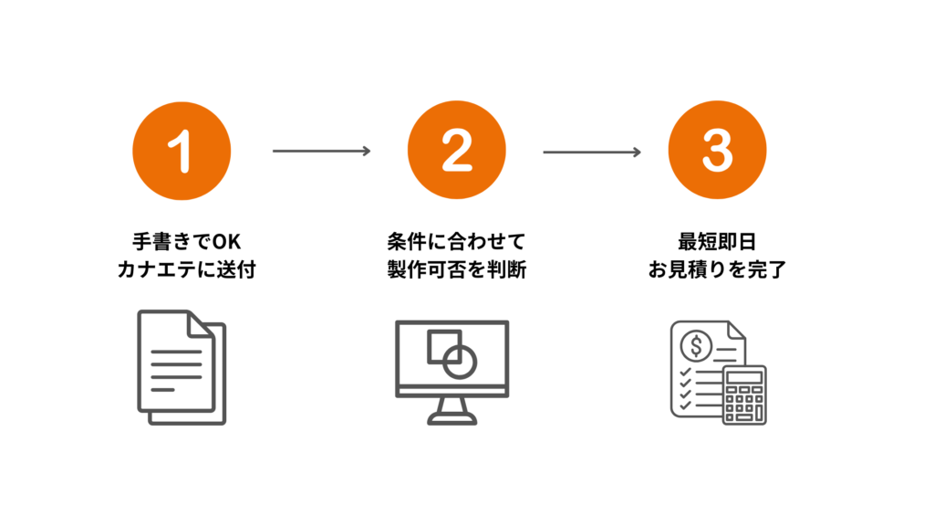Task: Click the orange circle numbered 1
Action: (182, 150)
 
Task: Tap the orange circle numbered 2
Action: (456, 150)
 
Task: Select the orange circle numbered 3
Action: (717, 150)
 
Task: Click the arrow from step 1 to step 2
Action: (321, 151)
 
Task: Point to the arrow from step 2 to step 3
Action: (592, 151)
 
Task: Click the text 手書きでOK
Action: (183, 243)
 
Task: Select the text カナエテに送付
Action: (183, 271)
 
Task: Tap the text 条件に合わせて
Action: (456, 243)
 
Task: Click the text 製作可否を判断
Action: (456, 271)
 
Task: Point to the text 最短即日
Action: (717, 243)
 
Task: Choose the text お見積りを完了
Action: (717, 271)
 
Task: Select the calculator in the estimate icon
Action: (744, 394)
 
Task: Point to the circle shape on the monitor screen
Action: (461, 360)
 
